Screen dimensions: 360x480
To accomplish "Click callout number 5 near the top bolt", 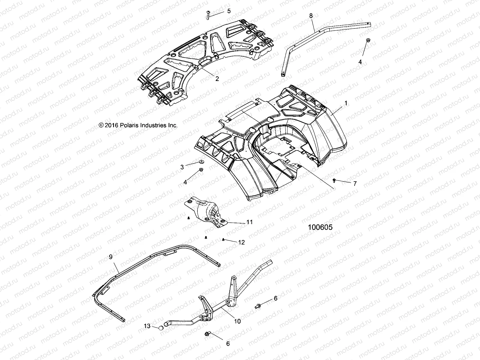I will [229, 11].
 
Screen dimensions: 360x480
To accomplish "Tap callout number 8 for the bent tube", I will [311, 16].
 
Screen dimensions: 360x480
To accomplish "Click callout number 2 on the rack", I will [217, 79].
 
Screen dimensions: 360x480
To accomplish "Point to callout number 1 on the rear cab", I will [346, 103].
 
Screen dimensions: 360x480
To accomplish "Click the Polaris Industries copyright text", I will [138, 125].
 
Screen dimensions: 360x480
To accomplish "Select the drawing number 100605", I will [320, 227].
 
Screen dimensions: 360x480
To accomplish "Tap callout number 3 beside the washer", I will [182, 167].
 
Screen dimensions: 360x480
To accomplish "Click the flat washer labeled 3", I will [200, 162].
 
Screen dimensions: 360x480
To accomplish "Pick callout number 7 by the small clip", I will [355, 183].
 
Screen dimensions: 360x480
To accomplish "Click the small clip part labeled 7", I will [334, 180].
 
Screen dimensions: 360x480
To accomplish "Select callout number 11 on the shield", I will [249, 222].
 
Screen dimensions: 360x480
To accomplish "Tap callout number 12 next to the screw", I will [241, 242].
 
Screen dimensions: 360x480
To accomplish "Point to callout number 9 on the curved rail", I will [111, 257].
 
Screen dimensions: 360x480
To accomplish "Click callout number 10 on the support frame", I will [237, 321].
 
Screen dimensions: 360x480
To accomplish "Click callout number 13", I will [147, 326].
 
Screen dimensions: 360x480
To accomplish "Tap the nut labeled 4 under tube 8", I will [368, 40].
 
